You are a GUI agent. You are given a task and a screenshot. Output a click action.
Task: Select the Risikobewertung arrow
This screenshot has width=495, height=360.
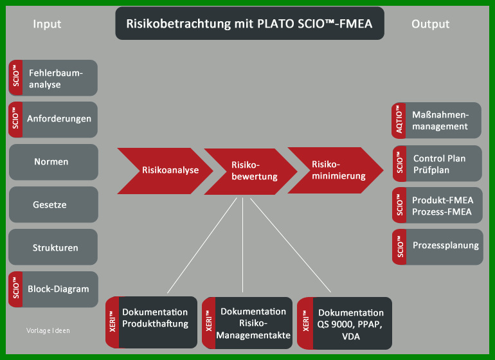click(251, 172)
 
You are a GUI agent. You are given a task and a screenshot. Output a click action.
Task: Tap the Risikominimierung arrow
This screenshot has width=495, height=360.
click(336, 170)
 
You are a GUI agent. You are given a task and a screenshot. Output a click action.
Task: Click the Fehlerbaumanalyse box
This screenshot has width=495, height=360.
click(53, 78)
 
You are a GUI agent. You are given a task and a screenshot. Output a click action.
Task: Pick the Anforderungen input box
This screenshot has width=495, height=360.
click(53, 120)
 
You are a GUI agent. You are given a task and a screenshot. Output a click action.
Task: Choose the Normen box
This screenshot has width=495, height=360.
click(53, 162)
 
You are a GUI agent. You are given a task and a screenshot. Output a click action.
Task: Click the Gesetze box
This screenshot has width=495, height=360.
click(53, 204)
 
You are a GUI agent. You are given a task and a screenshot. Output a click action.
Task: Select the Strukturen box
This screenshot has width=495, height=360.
click(53, 247)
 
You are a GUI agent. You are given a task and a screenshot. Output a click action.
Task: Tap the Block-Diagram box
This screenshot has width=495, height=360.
click(53, 289)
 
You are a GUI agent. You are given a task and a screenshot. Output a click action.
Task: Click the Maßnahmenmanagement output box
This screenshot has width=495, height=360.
click(437, 120)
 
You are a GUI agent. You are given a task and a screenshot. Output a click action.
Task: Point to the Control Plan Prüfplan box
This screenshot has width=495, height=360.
click(437, 163)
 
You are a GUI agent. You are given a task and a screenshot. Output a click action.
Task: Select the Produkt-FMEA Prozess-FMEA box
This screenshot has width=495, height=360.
click(437, 205)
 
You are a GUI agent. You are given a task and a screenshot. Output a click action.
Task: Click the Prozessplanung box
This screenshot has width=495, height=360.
click(438, 247)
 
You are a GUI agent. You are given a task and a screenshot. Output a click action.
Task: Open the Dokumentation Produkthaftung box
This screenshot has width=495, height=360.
click(152, 322)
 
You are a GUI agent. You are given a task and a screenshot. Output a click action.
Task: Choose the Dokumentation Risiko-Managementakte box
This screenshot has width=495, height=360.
click(248, 323)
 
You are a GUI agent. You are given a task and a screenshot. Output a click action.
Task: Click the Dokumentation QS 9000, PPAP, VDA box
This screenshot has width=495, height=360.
click(345, 323)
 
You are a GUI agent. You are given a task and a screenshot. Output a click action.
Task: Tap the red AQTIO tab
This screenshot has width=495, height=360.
click(399, 120)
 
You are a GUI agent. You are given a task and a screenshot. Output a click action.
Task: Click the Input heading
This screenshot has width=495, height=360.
click(47, 24)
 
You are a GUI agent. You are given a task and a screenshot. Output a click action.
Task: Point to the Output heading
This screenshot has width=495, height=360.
click(430, 24)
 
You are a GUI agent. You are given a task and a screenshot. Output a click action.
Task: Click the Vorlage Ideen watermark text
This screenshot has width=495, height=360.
click(48, 330)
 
